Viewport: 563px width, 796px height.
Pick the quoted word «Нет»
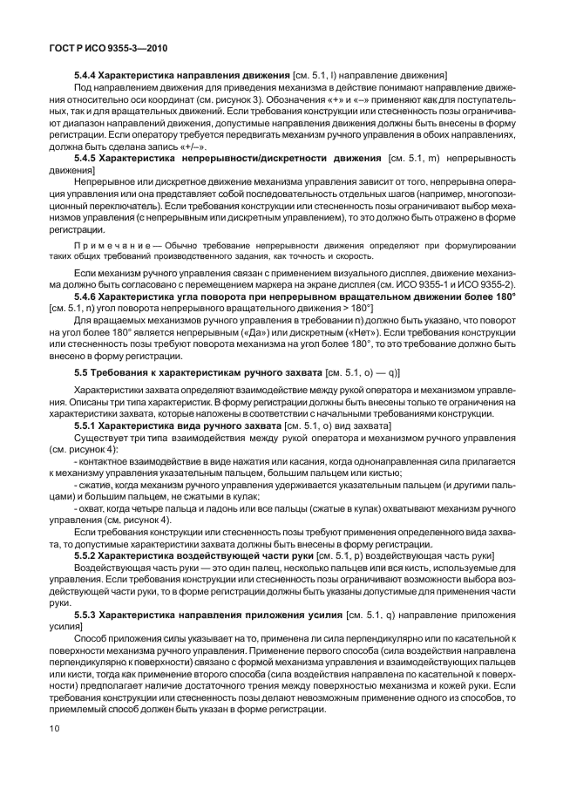408,333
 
